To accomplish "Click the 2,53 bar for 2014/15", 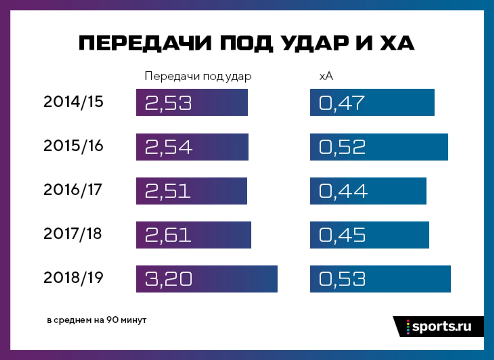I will [x=192, y=103].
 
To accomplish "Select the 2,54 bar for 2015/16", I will [x=192, y=147].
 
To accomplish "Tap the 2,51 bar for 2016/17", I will [x=192, y=191].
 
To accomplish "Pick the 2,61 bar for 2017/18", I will [x=194, y=235].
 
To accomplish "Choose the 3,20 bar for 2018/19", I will [x=207, y=279].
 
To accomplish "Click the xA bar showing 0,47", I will [x=372, y=103].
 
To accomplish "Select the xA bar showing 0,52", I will [x=379, y=147].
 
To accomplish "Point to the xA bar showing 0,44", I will [x=368, y=191].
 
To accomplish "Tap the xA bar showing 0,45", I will [x=369, y=235].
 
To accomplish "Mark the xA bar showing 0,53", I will [x=380, y=279].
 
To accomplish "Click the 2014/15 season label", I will [x=73, y=102].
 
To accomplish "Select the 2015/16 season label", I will [x=73, y=146].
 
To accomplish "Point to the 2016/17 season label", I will [x=73, y=190].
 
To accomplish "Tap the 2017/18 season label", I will [x=73, y=234].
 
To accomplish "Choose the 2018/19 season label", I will [x=73, y=278].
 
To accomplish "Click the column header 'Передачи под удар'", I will [x=198, y=76].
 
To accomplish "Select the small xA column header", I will [x=326, y=76].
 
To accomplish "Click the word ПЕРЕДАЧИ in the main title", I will [x=145, y=43].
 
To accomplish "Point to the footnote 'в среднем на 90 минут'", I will [x=97, y=320].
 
